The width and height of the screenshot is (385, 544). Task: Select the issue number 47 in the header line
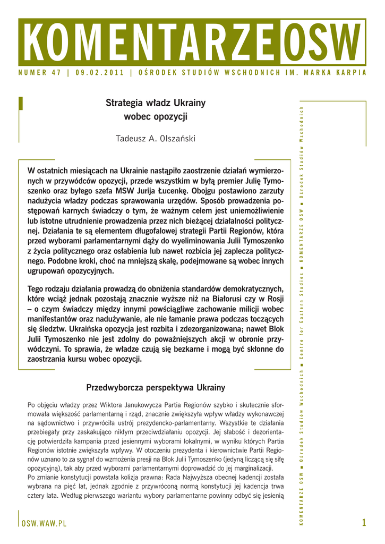[x=56, y=73]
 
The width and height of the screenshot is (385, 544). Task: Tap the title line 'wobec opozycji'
[x=156, y=116]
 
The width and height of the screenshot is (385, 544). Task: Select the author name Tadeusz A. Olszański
[x=156, y=139]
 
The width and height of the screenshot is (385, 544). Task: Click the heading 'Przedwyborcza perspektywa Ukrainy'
[x=156, y=388]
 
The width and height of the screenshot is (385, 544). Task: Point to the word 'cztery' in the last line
[x=38, y=496]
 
